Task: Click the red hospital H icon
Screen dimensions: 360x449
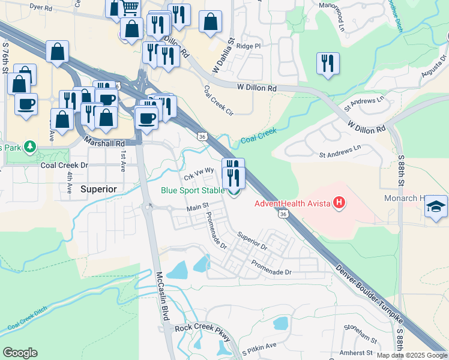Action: point(340,203)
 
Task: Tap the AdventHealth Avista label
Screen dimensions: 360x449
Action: point(293,203)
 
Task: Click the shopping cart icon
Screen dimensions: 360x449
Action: point(130,7)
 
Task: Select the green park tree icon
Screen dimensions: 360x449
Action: point(29,147)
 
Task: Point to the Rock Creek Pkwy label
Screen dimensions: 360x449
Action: point(202,329)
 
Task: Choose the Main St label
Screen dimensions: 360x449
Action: point(197,207)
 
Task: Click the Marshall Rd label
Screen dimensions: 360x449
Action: point(104,143)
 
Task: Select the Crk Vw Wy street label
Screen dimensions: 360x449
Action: point(199,172)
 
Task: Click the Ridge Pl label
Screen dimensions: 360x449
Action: point(249,46)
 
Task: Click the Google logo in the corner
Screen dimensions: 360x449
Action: point(20,353)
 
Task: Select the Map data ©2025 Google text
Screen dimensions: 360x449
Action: point(412,355)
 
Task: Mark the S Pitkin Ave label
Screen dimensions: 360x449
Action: point(259,346)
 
